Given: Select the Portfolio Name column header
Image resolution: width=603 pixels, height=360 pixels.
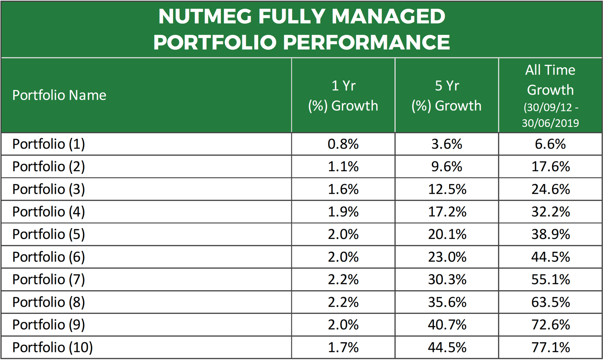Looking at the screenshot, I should pos(59,95).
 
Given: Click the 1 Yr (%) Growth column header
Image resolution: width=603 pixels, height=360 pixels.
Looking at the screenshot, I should pos(343,95).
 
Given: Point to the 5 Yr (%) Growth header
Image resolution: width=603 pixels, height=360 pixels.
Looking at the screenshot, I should pos(446,95).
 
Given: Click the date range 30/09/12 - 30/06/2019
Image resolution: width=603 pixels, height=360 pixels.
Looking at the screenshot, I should pos(550,115).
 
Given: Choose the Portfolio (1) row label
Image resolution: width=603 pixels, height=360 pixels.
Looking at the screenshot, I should pos(48,144).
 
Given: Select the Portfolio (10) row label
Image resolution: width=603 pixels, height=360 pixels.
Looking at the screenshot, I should pos(52,348).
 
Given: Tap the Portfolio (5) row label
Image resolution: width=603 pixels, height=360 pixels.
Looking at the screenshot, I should pos(48,234).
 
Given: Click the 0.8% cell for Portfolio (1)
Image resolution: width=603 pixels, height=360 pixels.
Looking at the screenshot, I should pos(343,144).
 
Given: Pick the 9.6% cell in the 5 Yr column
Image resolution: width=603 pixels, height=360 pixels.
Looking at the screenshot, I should pos(446,167).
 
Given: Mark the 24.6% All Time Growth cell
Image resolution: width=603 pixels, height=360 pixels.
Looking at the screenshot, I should pos(550,189).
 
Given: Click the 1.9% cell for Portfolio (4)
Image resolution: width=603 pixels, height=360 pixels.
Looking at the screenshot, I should pos(343,212).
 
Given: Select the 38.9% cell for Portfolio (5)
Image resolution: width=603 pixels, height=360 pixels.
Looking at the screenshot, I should pos(550,234).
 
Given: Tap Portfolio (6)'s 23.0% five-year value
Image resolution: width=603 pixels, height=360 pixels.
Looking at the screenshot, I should pos(446,257).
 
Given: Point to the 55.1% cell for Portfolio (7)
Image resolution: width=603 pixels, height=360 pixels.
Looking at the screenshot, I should pos(550,279).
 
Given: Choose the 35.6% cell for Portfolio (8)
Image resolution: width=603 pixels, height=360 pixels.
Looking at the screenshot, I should pos(446,302).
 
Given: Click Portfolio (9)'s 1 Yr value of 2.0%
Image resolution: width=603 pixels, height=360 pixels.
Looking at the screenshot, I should pos(343,325).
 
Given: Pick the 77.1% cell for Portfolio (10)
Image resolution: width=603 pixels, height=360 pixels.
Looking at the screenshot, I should pos(550,348).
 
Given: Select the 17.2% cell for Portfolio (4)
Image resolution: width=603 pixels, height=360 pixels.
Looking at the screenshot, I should pos(446,212).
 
